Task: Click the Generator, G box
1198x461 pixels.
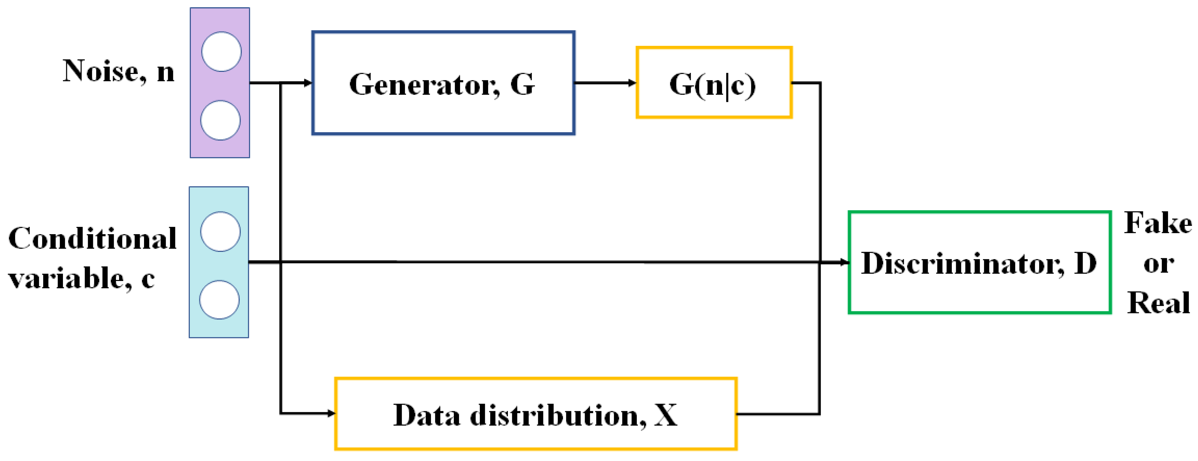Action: click(x=443, y=83)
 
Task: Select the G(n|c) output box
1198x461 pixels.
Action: click(x=714, y=82)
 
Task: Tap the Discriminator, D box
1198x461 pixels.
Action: click(x=979, y=263)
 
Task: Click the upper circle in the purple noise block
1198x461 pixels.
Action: click(x=221, y=52)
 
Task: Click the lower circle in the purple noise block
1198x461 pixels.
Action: click(x=220, y=120)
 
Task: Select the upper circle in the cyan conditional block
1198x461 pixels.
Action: click(x=220, y=232)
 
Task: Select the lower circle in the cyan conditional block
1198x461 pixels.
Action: click(x=219, y=299)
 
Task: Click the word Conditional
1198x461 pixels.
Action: click(x=92, y=239)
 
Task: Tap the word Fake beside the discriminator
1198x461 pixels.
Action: click(x=1158, y=223)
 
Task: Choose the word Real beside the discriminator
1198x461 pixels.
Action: click(x=1158, y=303)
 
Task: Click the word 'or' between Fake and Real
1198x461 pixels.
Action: click(x=1158, y=264)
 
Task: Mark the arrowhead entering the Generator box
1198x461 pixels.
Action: click(x=307, y=83)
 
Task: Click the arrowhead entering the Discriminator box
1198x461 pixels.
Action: click(x=845, y=263)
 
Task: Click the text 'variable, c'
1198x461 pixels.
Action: click(x=81, y=279)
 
